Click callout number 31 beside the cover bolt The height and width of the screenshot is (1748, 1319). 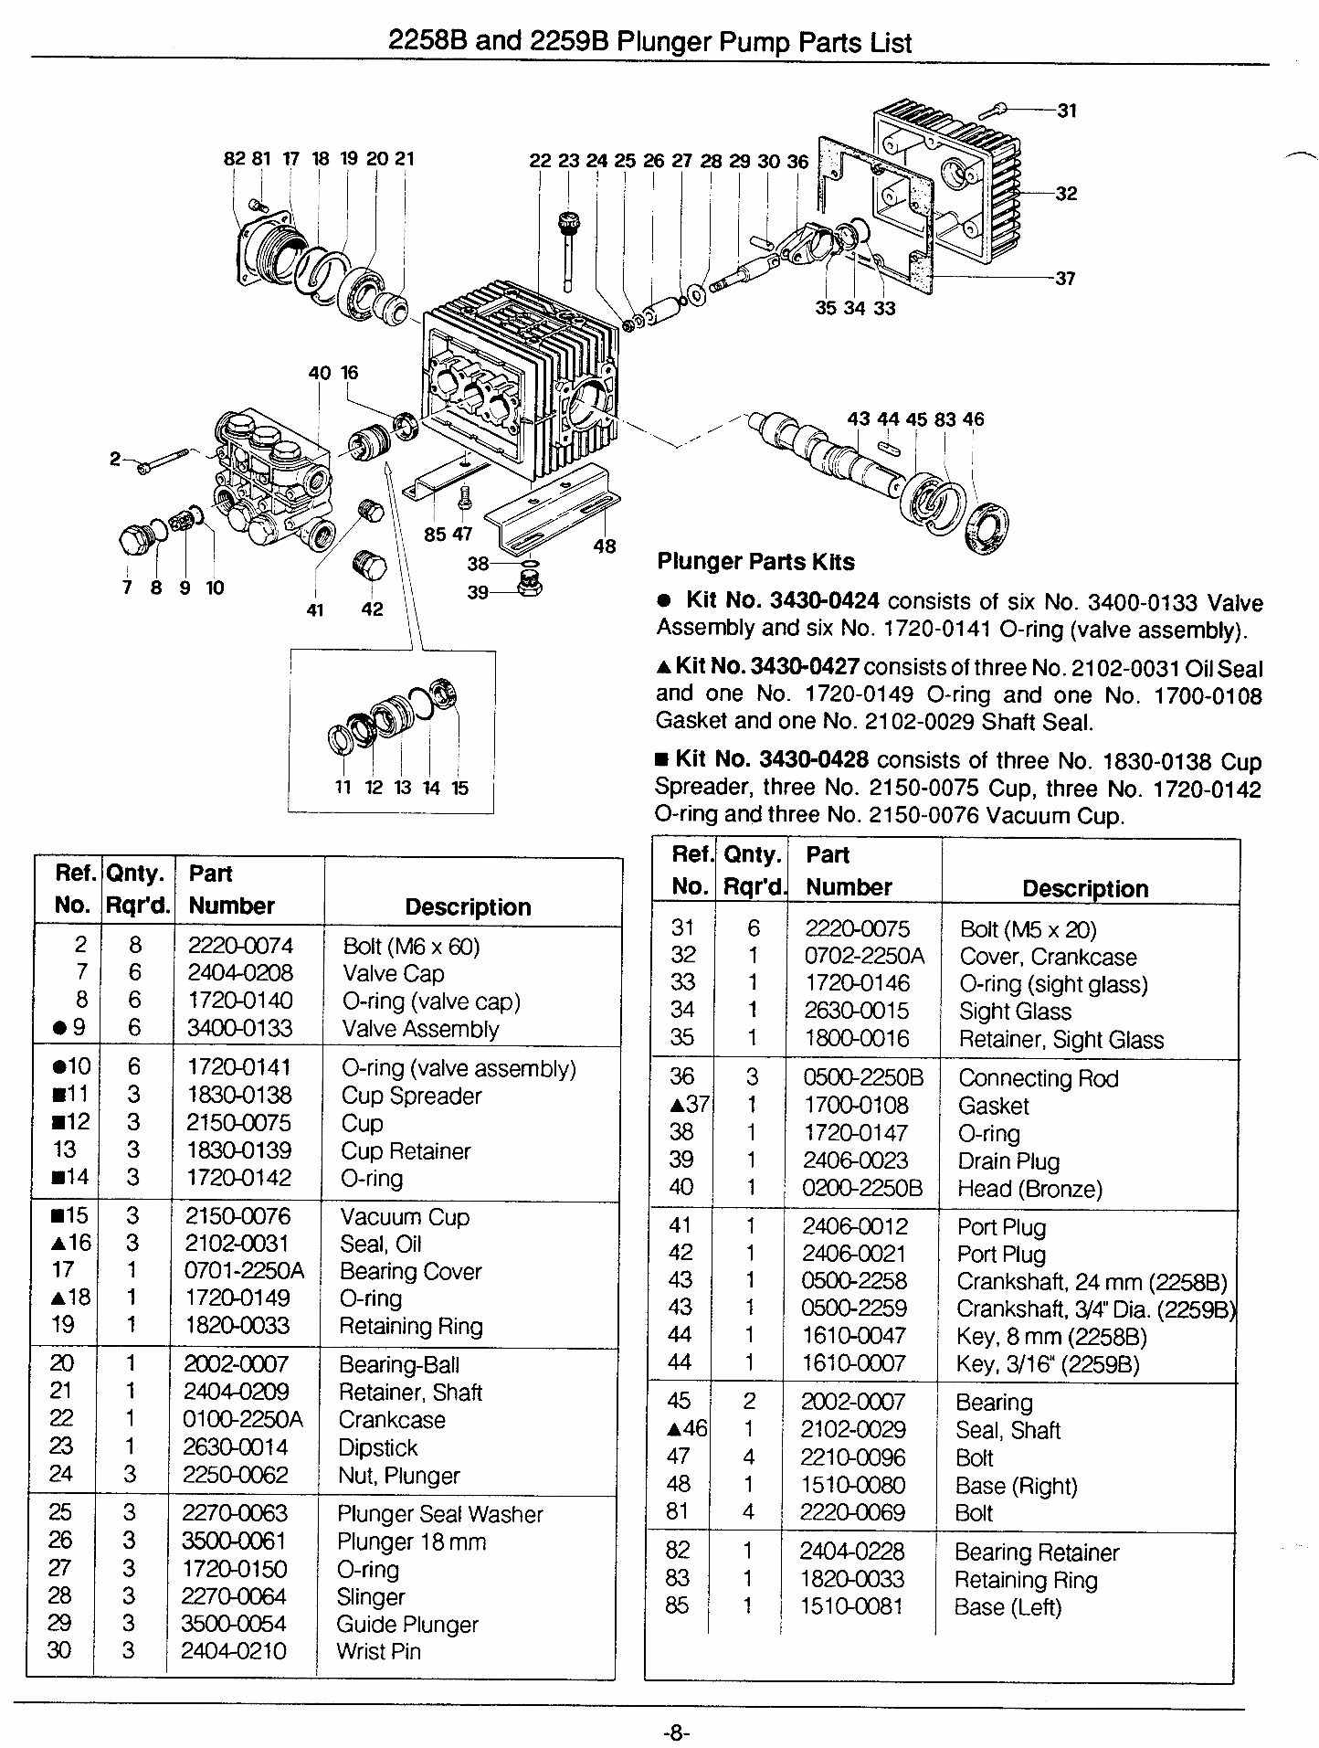(x=1067, y=111)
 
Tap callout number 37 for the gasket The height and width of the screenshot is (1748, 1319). (x=1065, y=279)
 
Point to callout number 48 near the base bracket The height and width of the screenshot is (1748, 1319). (x=605, y=546)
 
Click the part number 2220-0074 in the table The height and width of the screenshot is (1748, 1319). (x=240, y=946)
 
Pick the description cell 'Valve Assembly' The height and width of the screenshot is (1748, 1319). (x=420, y=1029)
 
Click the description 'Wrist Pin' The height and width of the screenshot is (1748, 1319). (x=378, y=1651)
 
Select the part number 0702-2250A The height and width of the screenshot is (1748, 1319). (x=864, y=956)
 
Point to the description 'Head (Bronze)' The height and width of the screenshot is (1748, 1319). (x=1029, y=1189)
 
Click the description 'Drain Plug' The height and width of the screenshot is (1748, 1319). (x=1008, y=1161)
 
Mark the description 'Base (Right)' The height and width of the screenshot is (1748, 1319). (x=1016, y=1486)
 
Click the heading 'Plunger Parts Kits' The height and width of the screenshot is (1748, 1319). (x=755, y=562)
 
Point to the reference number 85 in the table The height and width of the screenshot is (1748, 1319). (x=677, y=1605)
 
